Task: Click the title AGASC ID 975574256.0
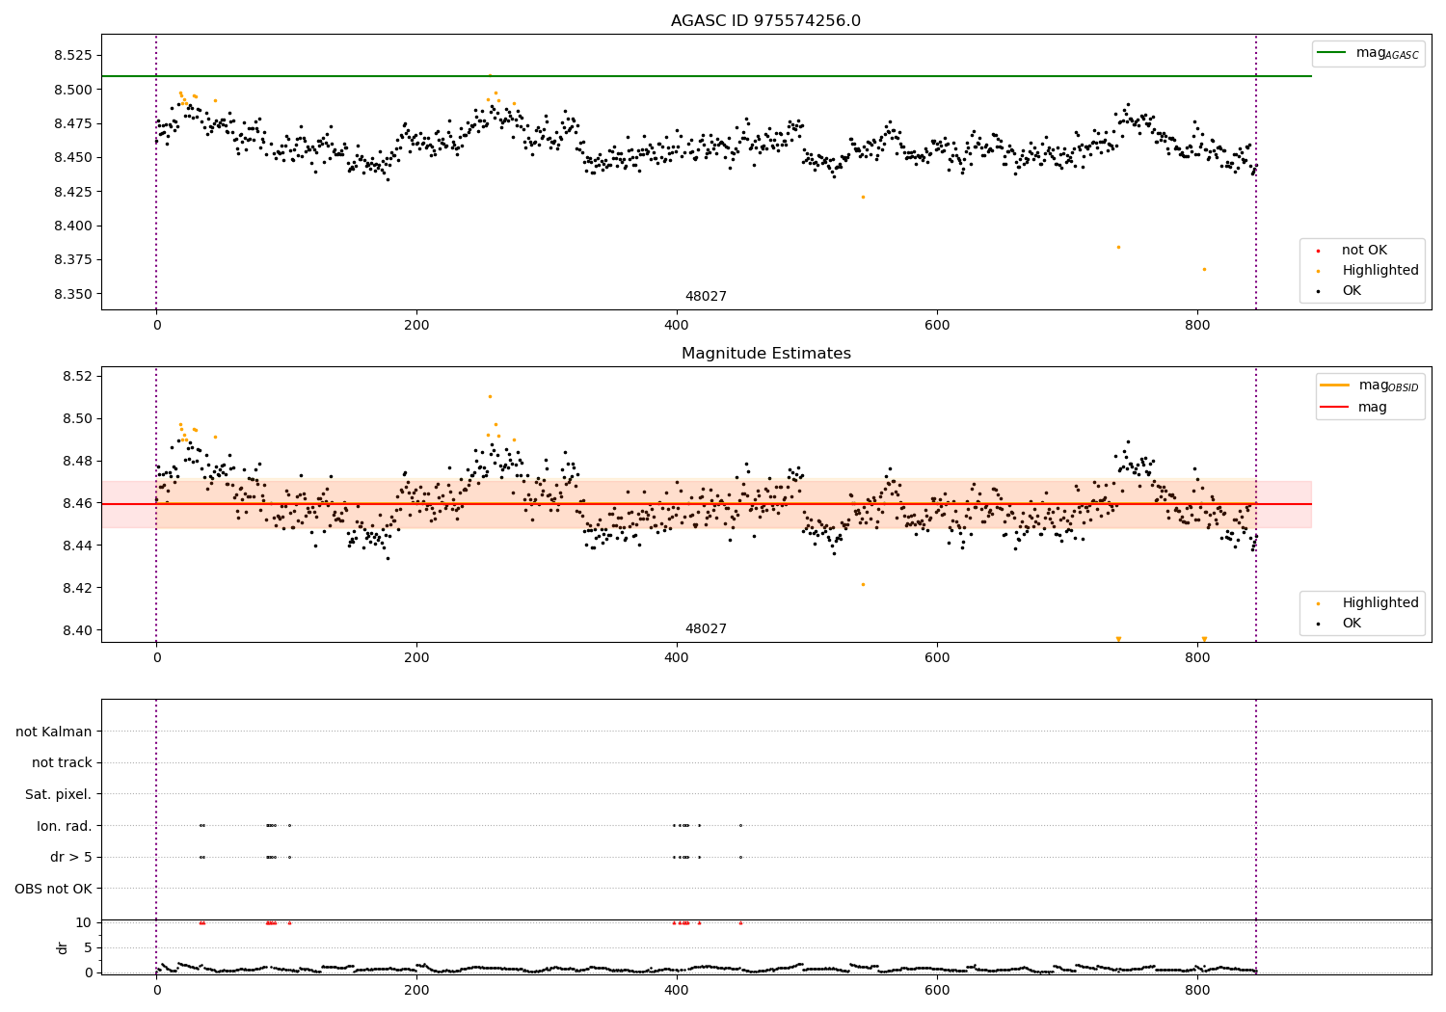pos(765,21)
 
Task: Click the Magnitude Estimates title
pos(765,354)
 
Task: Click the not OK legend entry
pos(1364,251)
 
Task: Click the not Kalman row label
pos(54,732)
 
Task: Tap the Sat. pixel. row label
pos(58,794)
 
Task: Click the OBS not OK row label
pos(54,889)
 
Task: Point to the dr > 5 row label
pos(71,857)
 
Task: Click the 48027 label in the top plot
pos(706,297)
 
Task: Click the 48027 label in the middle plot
pos(706,629)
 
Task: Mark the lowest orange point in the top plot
pos(1204,269)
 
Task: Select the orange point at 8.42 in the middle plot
pos(863,584)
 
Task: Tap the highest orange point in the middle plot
pos(490,396)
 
